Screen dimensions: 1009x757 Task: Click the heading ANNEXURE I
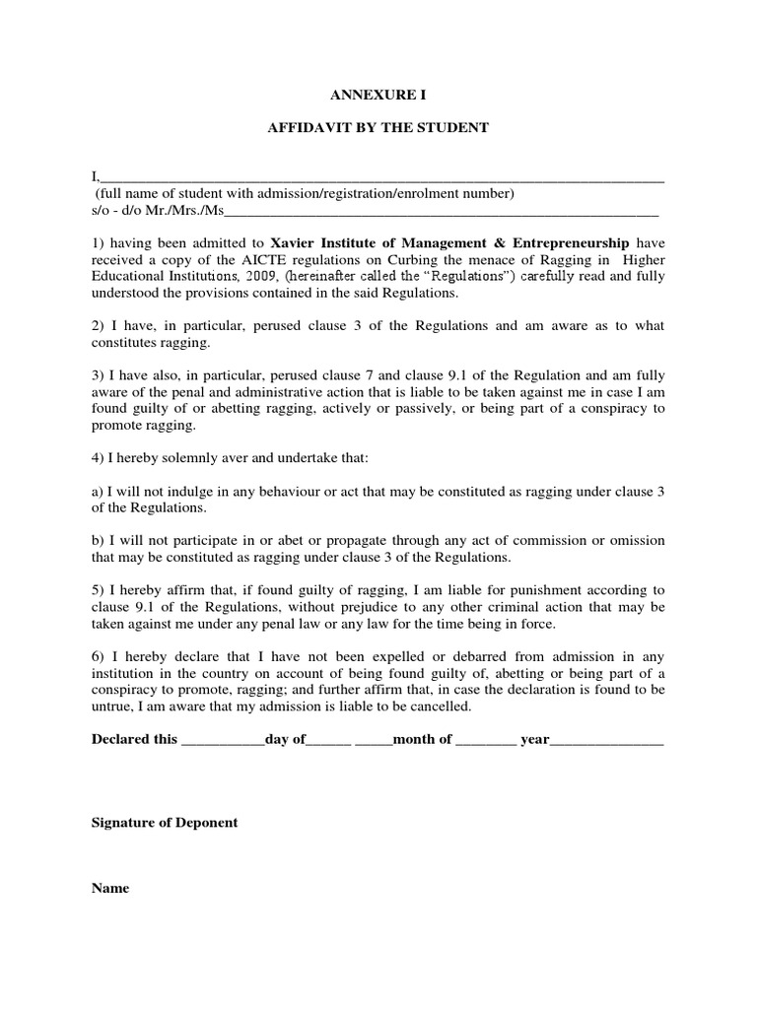[x=378, y=96]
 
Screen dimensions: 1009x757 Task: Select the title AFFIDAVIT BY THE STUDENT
[x=378, y=128]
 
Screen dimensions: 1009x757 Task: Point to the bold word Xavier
[x=295, y=242]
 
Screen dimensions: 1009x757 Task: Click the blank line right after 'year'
[x=606, y=740]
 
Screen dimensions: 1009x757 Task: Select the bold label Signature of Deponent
[x=165, y=823]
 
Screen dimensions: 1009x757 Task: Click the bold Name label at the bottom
[x=110, y=888]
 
